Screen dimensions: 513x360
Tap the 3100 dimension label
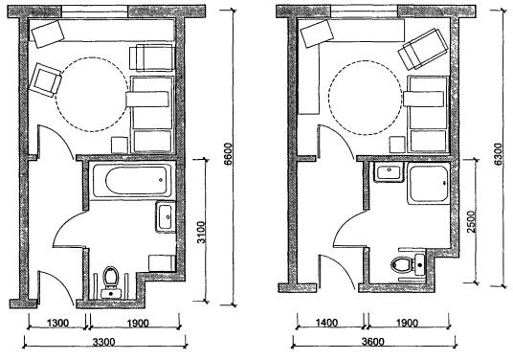[202, 233]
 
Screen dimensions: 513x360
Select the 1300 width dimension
[58, 324]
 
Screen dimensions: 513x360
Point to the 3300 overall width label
[103, 342]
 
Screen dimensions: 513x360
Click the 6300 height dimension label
[498, 154]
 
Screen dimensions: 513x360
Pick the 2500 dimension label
[472, 222]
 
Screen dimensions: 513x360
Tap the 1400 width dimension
[326, 324]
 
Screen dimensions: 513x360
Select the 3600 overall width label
[373, 342]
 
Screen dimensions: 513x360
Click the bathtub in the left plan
[132, 181]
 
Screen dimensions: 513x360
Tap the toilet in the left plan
[111, 281]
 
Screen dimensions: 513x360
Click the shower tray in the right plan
[429, 184]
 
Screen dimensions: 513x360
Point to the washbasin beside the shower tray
[389, 172]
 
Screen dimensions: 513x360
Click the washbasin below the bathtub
[166, 216]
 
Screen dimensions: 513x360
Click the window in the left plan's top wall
[95, 11]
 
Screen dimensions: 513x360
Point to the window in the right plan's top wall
[364, 11]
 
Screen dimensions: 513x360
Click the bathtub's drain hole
[161, 180]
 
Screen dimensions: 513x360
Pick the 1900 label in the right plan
[407, 324]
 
